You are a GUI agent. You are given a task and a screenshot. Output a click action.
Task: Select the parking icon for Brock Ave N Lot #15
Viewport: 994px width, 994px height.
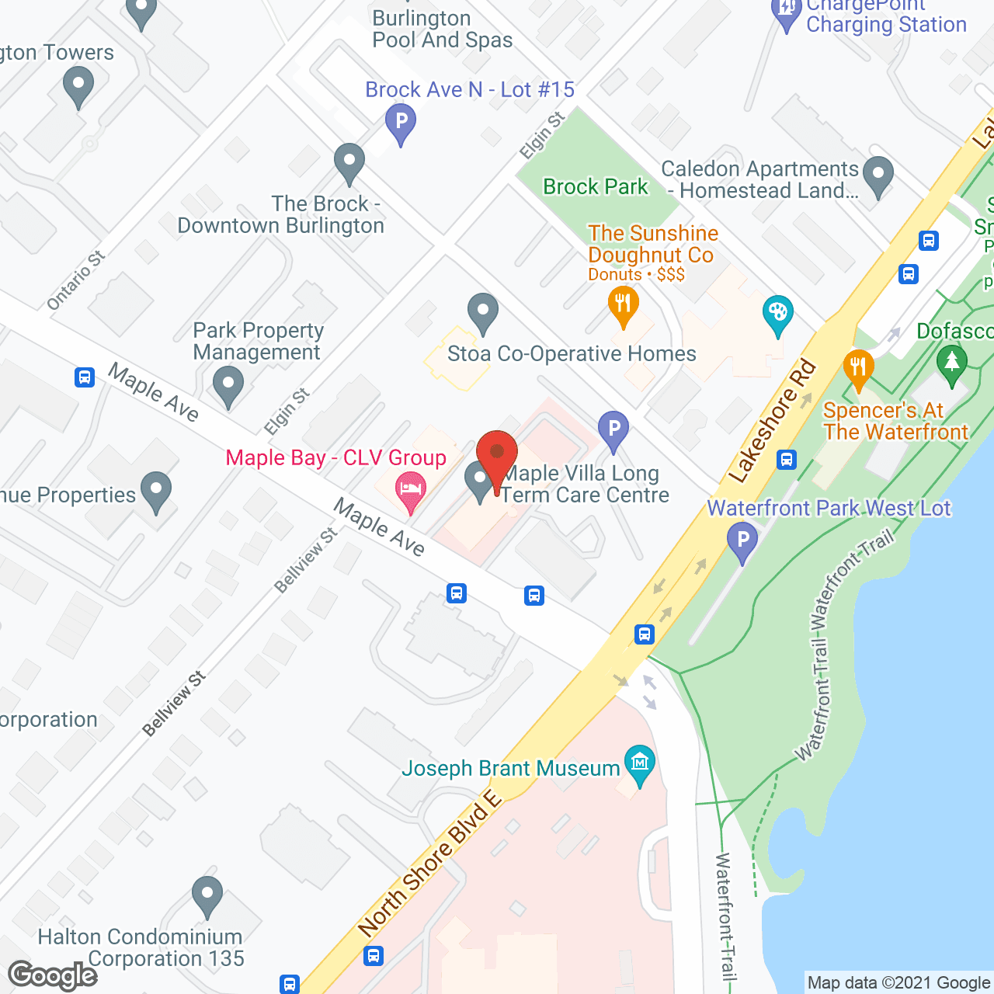(401, 123)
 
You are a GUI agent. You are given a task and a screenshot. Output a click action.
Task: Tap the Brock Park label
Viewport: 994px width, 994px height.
(595, 187)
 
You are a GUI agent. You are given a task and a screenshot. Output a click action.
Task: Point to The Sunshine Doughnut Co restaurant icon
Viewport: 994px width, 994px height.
(623, 304)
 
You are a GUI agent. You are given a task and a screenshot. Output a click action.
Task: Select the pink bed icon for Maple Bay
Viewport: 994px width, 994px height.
(411, 490)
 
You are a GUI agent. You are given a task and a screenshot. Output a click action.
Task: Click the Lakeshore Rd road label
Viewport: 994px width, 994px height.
(773, 421)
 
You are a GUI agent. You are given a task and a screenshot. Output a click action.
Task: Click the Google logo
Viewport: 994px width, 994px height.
(53, 975)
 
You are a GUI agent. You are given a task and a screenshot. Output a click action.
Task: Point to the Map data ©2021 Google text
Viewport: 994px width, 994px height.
(898, 983)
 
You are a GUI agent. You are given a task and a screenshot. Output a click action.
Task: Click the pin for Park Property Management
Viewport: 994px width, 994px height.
(228, 385)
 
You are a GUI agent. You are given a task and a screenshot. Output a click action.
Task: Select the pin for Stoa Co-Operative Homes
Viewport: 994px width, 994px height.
(483, 311)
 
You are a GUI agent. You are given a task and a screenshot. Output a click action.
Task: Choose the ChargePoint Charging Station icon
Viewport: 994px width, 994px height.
(787, 12)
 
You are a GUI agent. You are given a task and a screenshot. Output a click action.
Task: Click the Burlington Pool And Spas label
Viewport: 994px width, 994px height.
(443, 30)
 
